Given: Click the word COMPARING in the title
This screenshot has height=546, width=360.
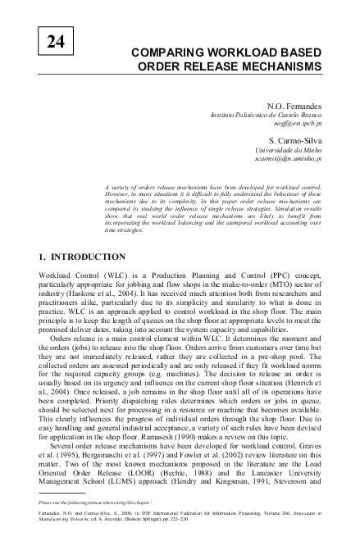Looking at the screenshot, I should [168, 52].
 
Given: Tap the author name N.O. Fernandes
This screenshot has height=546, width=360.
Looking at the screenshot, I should [293, 107].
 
